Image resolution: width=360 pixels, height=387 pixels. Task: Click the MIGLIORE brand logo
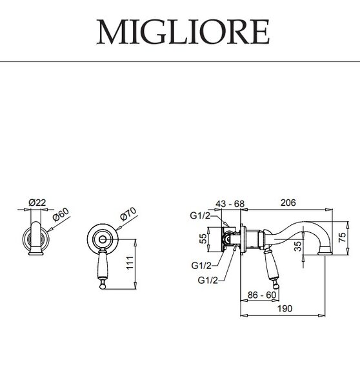tap(183, 32)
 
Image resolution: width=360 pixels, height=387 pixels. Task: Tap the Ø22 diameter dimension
tap(37, 203)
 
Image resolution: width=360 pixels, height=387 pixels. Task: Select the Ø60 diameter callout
tap(61, 215)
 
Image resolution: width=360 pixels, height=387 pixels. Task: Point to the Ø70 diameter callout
tap(128, 213)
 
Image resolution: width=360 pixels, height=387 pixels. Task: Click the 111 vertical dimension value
tap(130, 263)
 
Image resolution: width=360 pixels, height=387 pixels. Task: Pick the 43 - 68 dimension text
tap(230, 204)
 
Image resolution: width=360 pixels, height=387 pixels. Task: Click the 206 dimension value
tap(288, 203)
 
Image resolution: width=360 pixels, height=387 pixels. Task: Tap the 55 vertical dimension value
tap(203, 239)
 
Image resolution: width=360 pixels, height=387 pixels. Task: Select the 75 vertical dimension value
tap(342, 237)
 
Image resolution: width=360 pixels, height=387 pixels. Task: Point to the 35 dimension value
tap(298, 246)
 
